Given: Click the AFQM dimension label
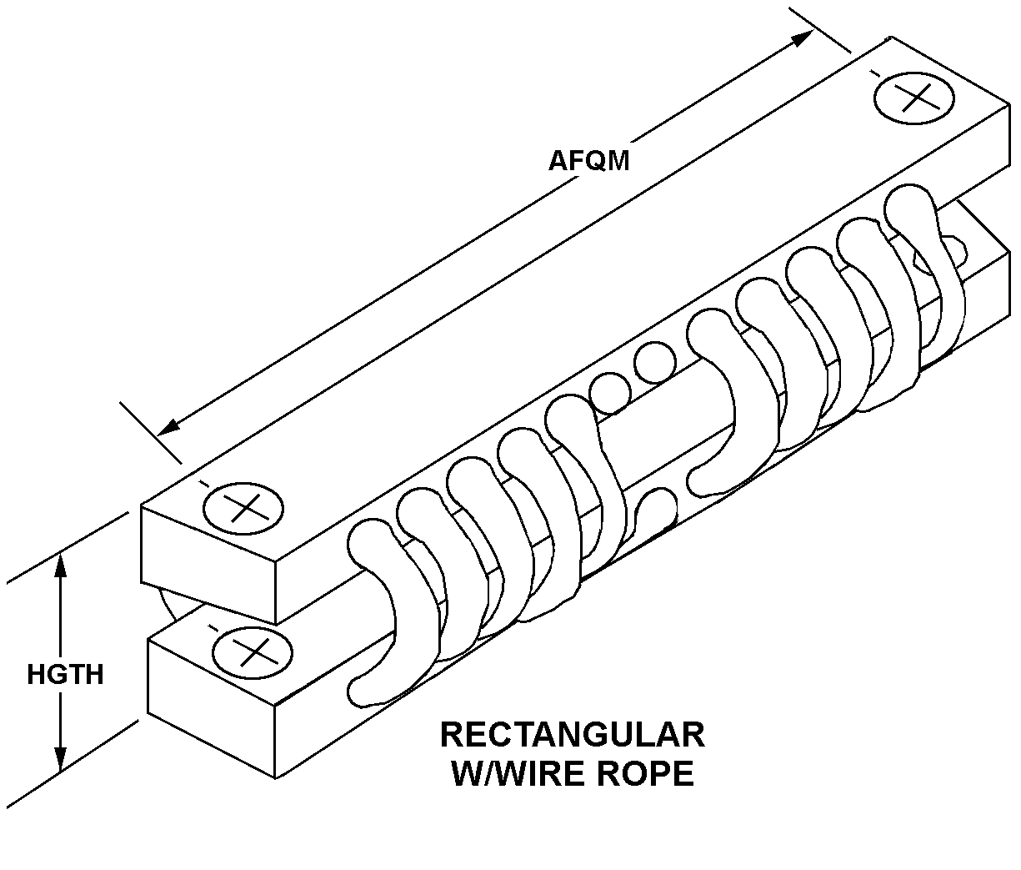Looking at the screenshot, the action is (x=588, y=161).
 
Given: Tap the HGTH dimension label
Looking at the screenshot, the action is (x=65, y=675).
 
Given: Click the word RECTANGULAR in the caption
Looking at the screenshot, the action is (x=573, y=735).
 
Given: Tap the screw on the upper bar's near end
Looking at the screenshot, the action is (x=243, y=508).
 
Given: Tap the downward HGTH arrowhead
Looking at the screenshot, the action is (x=60, y=759).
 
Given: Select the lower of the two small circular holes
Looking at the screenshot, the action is (x=611, y=393).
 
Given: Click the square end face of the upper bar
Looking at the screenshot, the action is (x=208, y=564).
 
